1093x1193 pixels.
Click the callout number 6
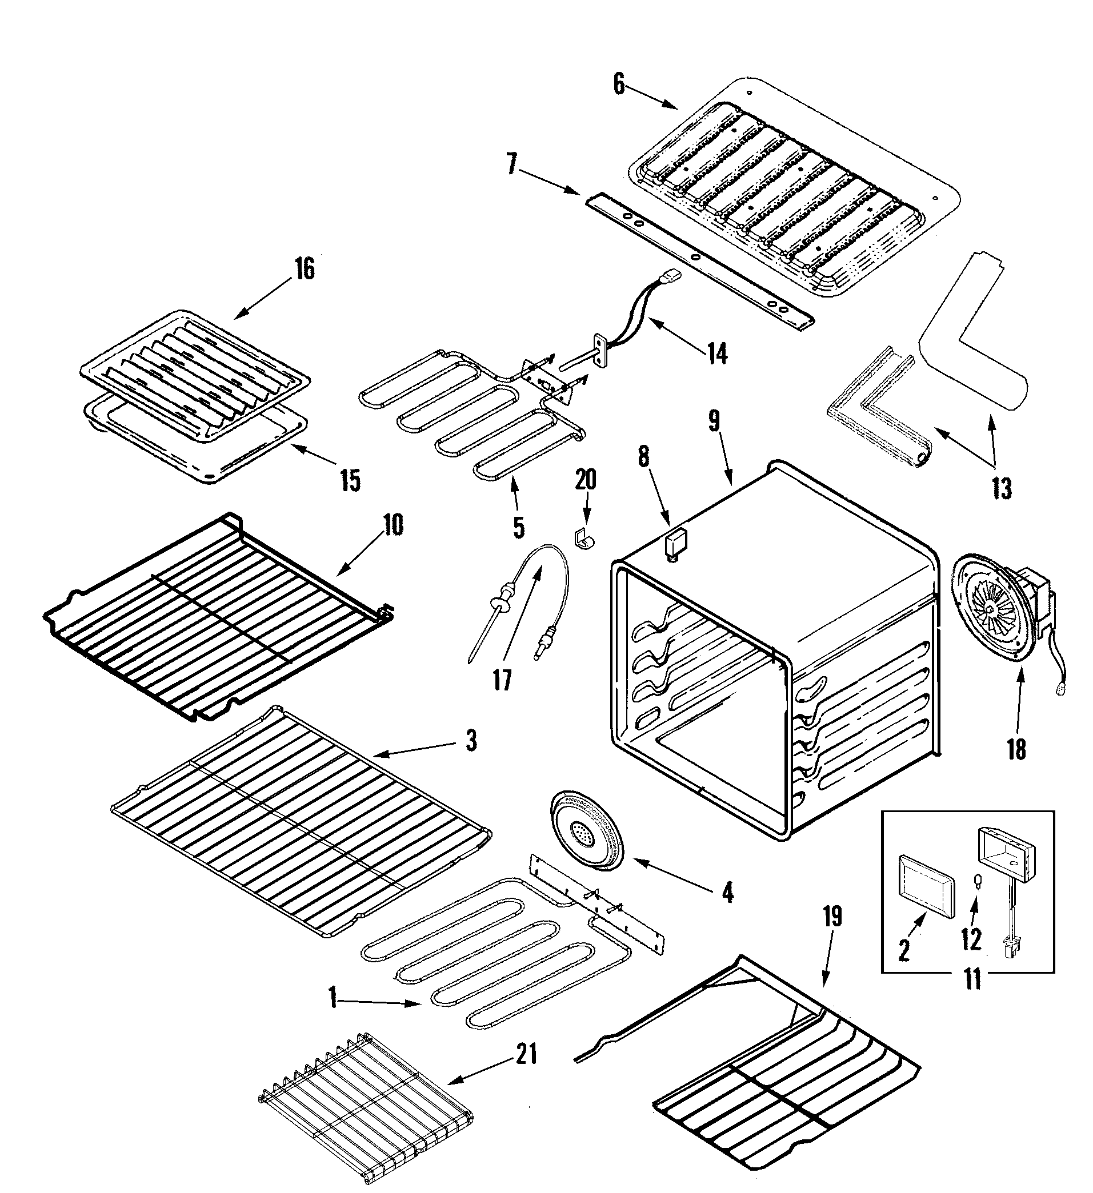619,85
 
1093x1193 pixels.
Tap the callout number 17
502,680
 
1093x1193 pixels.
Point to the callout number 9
714,421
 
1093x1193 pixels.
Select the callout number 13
1002,489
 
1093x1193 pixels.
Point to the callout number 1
333,999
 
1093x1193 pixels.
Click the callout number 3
471,741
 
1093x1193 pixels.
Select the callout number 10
393,525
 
